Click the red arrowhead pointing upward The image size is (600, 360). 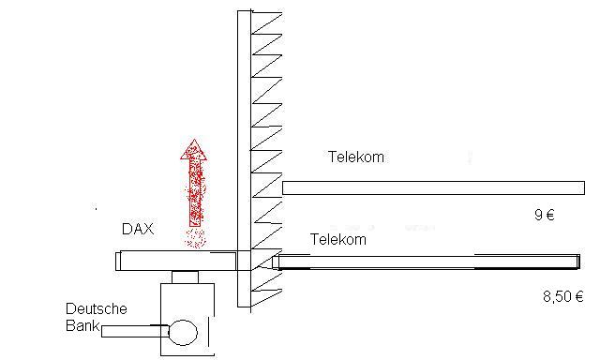point(194,149)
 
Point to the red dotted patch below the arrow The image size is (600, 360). point(195,238)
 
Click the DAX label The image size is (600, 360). point(137,229)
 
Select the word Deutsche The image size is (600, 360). point(97,308)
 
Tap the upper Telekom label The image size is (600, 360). point(356,157)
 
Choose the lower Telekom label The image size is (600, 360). point(337,240)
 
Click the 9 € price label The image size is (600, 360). point(544,216)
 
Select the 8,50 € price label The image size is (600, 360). point(562,297)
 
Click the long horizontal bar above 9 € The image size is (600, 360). point(431,187)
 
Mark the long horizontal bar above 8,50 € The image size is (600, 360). point(431,262)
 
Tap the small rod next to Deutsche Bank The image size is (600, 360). point(131,331)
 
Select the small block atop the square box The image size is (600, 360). point(185,277)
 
